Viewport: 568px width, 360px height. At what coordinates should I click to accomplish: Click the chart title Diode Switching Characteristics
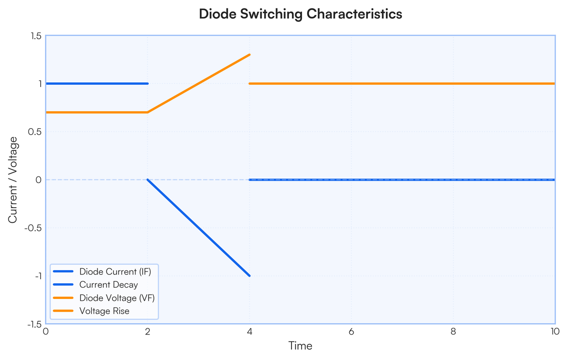point(301,14)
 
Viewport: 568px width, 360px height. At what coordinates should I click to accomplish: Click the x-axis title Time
point(301,346)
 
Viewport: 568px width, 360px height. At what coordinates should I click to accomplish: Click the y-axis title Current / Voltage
point(13,180)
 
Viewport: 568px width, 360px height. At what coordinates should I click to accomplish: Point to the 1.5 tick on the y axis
point(36,36)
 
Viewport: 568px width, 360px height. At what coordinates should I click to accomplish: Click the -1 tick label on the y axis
point(38,276)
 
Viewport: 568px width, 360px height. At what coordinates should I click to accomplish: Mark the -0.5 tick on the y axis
point(33,228)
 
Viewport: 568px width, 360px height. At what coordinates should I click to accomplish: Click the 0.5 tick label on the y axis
point(35,132)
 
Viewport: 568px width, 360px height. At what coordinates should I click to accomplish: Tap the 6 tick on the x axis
point(351,332)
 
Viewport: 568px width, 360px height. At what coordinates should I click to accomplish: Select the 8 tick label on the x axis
point(453,332)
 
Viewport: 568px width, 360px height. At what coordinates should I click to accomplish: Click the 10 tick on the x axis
point(555,332)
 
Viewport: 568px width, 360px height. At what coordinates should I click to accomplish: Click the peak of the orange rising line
point(250,54)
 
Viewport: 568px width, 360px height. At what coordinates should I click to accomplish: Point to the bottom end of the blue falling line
point(250,276)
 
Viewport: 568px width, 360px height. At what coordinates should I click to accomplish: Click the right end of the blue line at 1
point(148,84)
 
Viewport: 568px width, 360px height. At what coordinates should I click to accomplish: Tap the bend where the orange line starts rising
point(148,112)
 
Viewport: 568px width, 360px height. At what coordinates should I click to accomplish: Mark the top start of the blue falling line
point(148,180)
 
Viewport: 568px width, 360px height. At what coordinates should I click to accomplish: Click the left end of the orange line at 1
point(250,84)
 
